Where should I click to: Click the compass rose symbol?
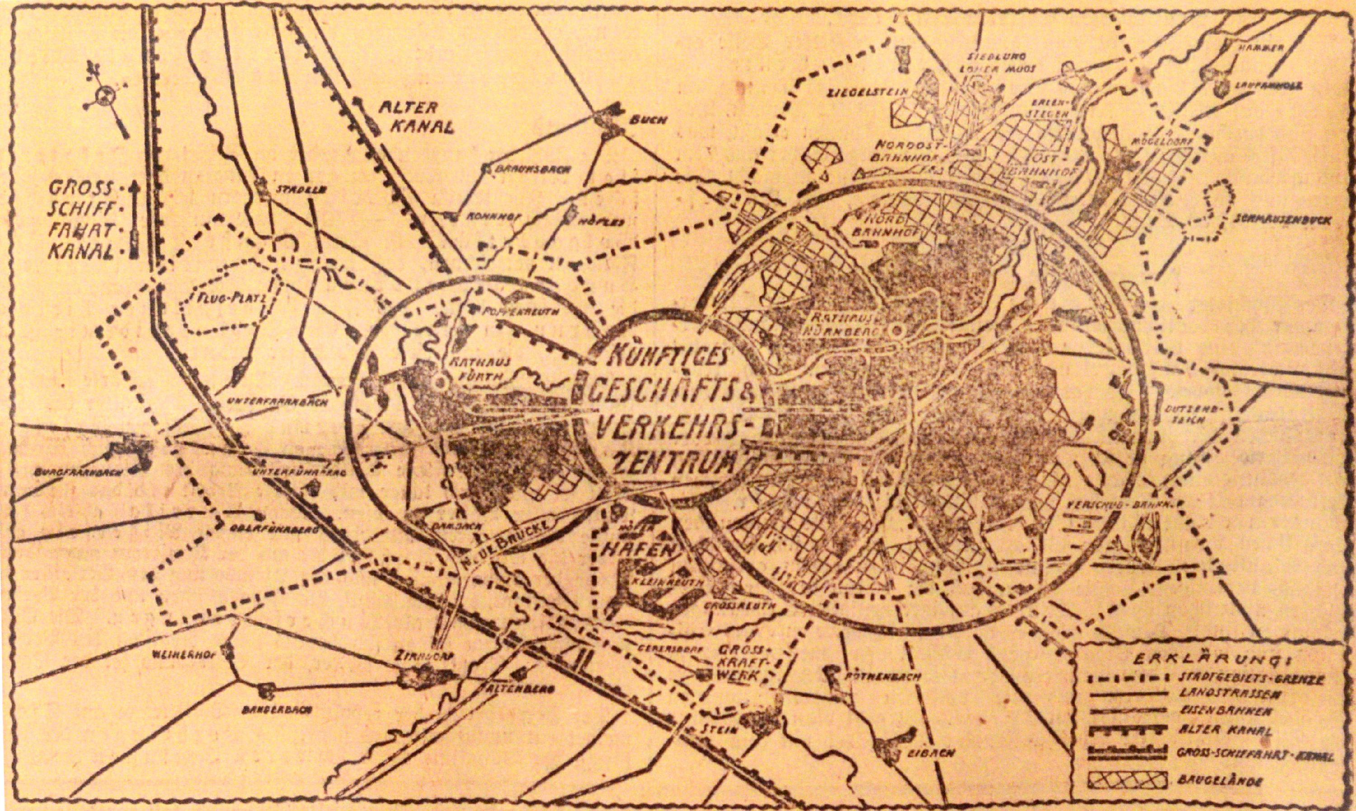pyautogui.click(x=104, y=97)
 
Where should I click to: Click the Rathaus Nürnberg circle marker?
pyautogui.click(x=895, y=330)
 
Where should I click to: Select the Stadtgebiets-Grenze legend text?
pyautogui.click(x=1248, y=679)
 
